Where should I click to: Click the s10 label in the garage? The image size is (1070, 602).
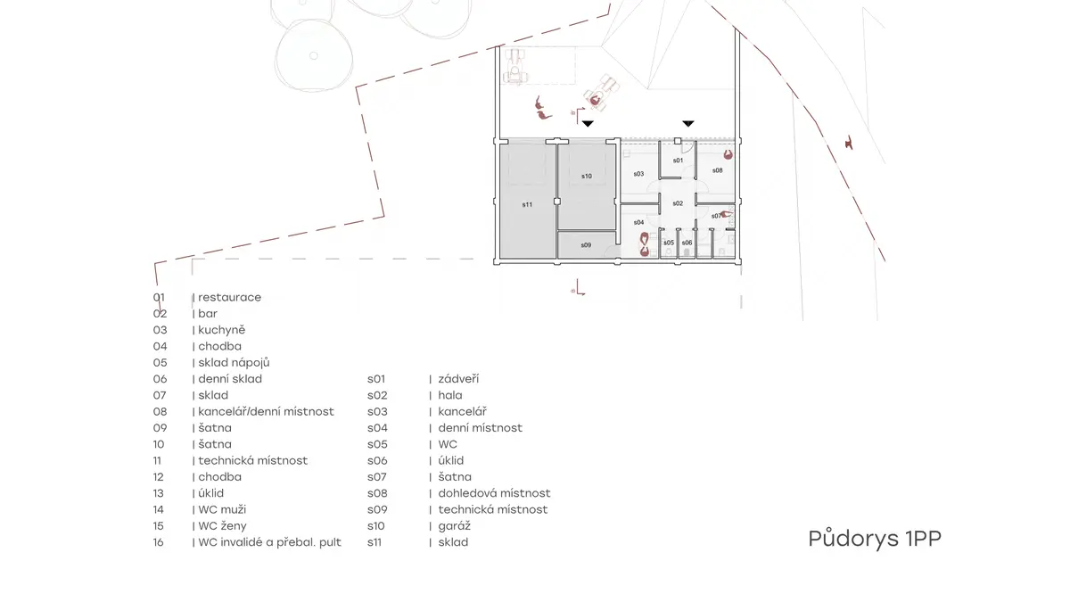[x=587, y=177]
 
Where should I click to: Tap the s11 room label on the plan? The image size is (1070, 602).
[x=527, y=204]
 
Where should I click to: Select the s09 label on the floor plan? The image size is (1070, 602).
[x=586, y=245]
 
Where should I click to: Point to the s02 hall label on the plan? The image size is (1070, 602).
[x=678, y=203]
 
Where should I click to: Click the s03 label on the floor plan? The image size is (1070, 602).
[x=638, y=174]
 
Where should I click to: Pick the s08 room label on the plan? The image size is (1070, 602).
[x=717, y=170]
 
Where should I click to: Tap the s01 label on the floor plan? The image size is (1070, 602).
[x=678, y=161]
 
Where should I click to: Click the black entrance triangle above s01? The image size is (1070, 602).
[x=687, y=124]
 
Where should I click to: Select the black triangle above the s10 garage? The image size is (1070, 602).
[x=588, y=124]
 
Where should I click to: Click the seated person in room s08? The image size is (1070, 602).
[x=728, y=154]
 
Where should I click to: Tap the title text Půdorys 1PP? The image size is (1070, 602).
[x=875, y=539]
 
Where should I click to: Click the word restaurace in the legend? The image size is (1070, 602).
[x=230, y=297]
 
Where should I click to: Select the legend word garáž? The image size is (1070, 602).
[x=454, y=526]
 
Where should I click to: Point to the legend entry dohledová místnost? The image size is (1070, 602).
[x=494, y=493]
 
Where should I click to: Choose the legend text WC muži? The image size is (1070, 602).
[x=222, y=509]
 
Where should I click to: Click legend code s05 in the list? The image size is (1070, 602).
[x=377, y=444]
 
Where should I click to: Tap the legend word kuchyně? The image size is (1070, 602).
[x=222, y=330]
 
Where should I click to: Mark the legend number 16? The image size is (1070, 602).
[x=159, y=542]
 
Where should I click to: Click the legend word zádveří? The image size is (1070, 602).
[x=458, y=379]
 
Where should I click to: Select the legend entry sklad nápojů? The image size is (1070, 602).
[x=234, y=363]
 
